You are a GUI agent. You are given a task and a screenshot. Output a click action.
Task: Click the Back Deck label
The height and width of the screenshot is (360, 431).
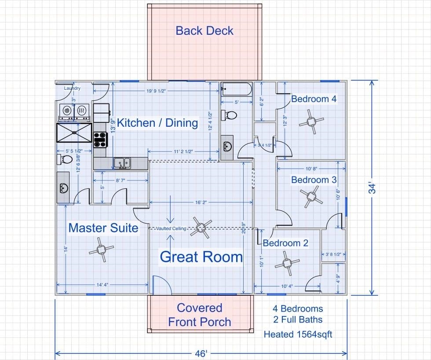click(x=205, y=31)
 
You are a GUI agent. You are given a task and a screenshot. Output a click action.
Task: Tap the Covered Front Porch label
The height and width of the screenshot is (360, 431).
click(x=200, y=315)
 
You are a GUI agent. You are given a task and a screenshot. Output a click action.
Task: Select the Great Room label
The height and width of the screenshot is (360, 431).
click(x=201, y=257)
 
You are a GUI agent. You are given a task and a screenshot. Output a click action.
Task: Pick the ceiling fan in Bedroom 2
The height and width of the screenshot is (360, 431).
click(x=287, y=263)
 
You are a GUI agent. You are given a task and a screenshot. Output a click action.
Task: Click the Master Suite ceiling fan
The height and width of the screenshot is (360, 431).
click(x=102, y=250)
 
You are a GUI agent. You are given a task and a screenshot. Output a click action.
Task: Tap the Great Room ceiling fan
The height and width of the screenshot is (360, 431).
click(x=201, y=228)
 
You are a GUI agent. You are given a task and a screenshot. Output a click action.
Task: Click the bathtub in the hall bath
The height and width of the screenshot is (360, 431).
click(x=236, y=89)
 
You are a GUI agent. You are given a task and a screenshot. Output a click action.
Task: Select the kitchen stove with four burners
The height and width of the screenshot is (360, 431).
click(x=100, y=140)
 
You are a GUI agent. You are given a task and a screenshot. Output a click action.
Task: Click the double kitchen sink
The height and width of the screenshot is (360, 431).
click(x=122, y=163)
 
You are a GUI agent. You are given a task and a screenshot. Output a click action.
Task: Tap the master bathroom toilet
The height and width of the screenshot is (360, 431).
click(x=64, y=159)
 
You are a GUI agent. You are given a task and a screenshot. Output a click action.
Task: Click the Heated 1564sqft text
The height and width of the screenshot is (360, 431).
click(x=298, y=334)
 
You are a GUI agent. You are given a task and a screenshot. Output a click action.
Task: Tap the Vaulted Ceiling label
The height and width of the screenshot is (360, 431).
click(x=171, y=228)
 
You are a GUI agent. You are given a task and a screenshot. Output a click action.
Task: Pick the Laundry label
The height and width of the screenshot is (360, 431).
click(x=72, y=88)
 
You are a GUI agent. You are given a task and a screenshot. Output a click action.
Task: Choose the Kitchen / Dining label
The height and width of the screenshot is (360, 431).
click(x=157, y=123)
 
